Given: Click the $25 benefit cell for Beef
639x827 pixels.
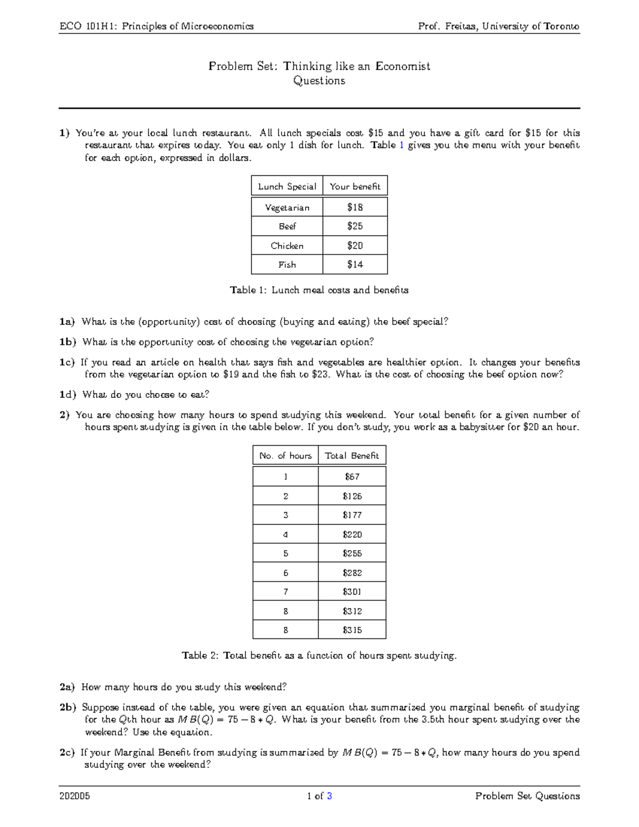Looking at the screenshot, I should (355, 226).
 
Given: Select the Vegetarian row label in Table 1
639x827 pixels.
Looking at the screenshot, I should (287, 208).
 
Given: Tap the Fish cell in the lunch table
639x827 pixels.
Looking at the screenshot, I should (287, 265).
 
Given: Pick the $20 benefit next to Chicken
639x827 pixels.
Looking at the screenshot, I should (355, 245).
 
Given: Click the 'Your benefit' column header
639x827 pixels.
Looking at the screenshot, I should (355, 186).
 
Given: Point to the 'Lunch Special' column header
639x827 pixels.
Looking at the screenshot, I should (287, 186).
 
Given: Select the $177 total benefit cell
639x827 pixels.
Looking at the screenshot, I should (352, 515).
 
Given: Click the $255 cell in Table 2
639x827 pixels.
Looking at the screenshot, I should (352, 553).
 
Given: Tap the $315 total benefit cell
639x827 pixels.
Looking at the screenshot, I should (352, 630).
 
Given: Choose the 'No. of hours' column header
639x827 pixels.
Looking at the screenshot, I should (285, 456).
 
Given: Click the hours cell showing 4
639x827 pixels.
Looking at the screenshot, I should (285, 534).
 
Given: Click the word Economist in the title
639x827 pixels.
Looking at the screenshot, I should (403, 67).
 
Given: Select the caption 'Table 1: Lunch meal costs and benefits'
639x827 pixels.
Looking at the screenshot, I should (319, 290).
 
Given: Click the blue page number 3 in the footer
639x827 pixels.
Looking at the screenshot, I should (330, 796).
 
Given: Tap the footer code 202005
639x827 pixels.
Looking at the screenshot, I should (75, 796).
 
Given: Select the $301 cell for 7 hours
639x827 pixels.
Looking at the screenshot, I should (352, 592).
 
